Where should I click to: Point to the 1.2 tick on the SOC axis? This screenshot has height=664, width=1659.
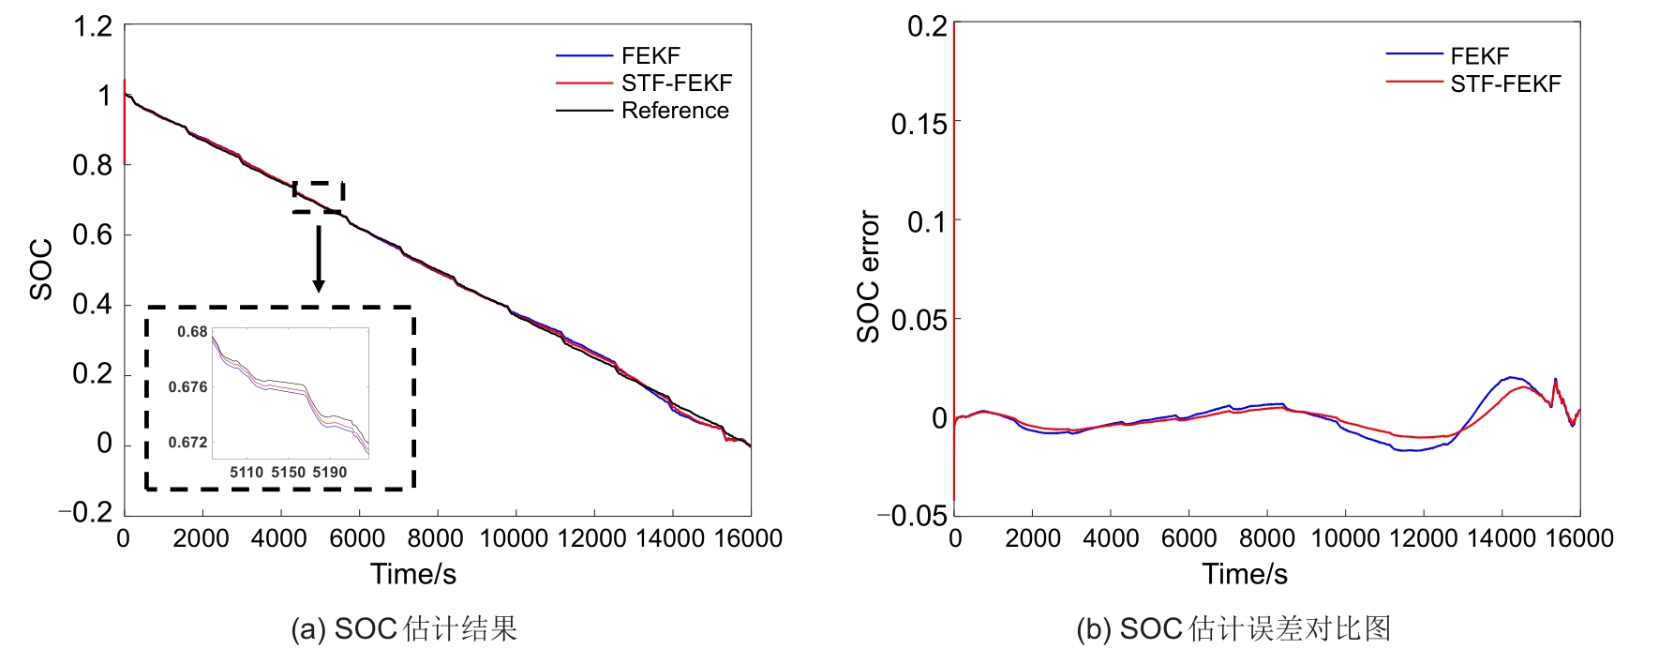tap(93, 26)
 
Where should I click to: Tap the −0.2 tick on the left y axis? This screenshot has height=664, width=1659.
tap(85, 512)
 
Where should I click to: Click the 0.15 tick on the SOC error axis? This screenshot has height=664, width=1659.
tap(919, 123)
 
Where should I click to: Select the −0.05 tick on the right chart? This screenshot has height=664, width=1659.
tap(912, 515)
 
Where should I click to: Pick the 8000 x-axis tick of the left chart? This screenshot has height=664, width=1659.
tap(435, 538)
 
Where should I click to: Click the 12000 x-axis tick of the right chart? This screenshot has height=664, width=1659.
tap(1423, 538)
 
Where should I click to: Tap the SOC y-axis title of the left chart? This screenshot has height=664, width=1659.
tap(41, 270)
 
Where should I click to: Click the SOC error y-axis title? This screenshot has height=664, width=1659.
tap(869, 277)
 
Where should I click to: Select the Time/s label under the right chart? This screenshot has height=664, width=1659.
tap(1245, 574)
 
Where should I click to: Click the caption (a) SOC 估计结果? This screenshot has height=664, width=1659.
tap(404, 628)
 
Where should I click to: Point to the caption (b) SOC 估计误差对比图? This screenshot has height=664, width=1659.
tap(1233, 628)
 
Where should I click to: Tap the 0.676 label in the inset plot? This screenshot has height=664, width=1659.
tap(187, 386)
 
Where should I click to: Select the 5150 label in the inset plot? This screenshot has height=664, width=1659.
tap(288, 472)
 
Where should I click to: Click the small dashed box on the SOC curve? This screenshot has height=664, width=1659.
tap(319, 197)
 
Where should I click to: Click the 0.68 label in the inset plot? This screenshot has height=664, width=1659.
tap(192, 331)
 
